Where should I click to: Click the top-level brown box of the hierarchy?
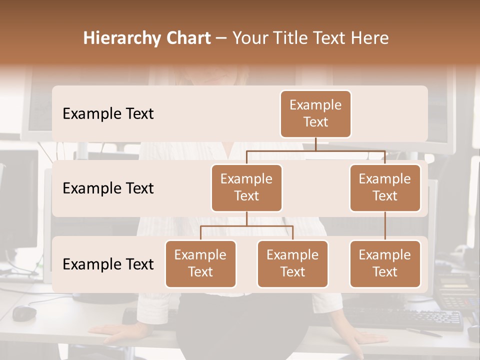[x=315, y=113]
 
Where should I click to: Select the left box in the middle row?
[x=246, y=187]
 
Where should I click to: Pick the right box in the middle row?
[x=385, y=187]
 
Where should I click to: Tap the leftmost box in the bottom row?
[x=200, y=263]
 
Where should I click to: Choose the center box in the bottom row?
[x=292, y=263]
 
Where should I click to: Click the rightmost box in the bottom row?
[x=385, y=263]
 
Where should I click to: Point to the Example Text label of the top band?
[x=108, y=113]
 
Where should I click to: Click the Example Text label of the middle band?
[x=108, y=188]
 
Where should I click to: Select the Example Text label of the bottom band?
[x=108, y=264]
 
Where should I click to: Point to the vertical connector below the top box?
[x=315, y=144]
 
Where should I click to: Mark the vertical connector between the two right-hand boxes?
[x=385, y=226]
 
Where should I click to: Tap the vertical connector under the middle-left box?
[x=246, y=218]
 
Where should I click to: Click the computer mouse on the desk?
[x=24, y=313]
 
